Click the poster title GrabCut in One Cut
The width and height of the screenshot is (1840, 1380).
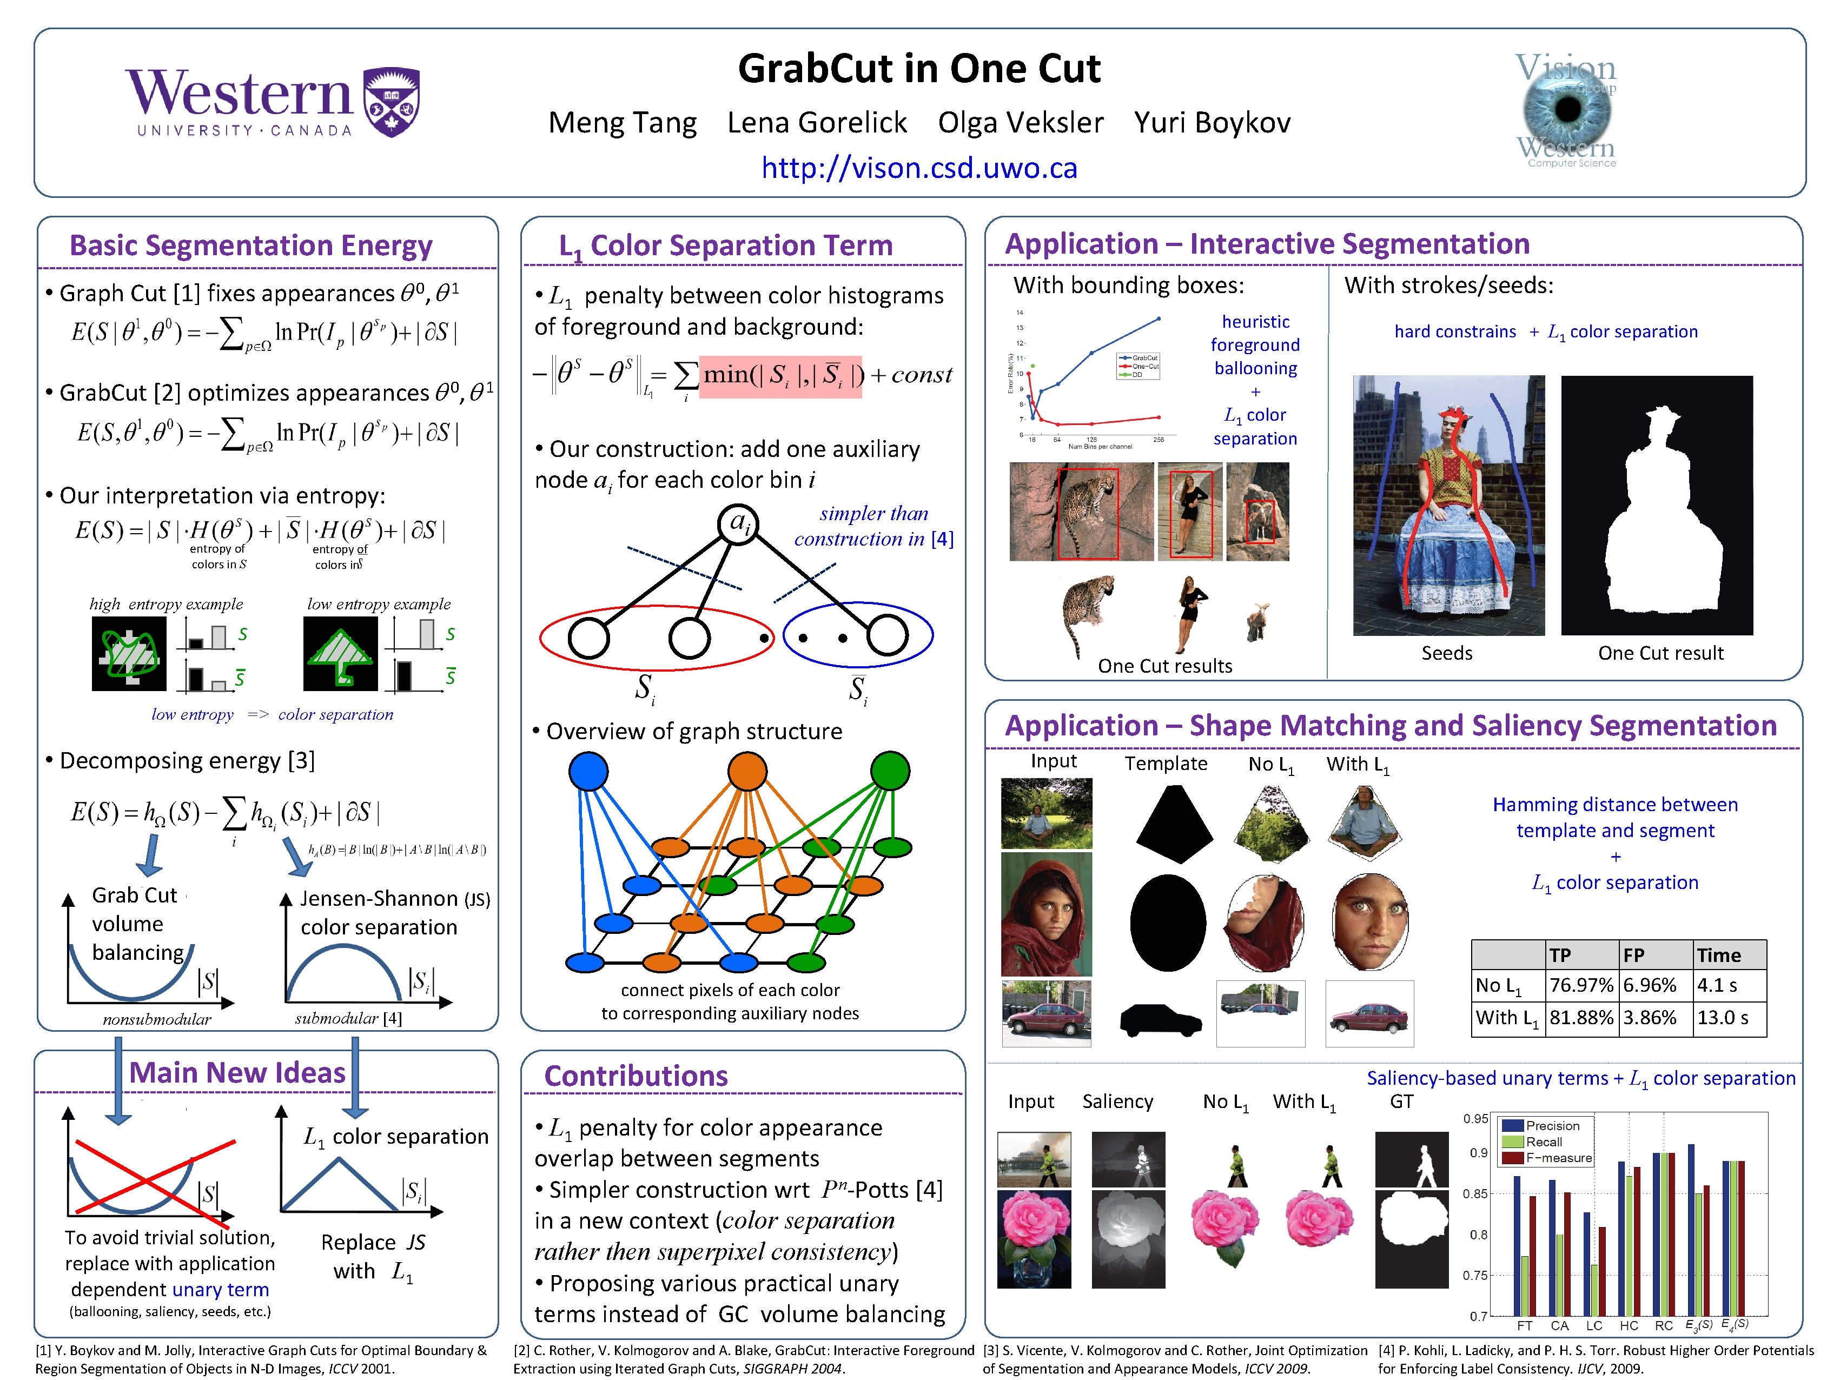[x=918, y=68]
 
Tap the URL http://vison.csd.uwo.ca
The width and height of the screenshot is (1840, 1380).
[x=918, y=168]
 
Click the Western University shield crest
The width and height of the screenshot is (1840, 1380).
[x=392, y=102]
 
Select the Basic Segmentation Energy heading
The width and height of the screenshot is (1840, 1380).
[x=250, y=246]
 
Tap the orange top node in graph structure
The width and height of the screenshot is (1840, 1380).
[x=747, y=771]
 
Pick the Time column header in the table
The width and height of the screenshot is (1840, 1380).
[x=1718, y=955]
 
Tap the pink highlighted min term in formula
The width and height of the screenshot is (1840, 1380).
[x=780, y=376]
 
